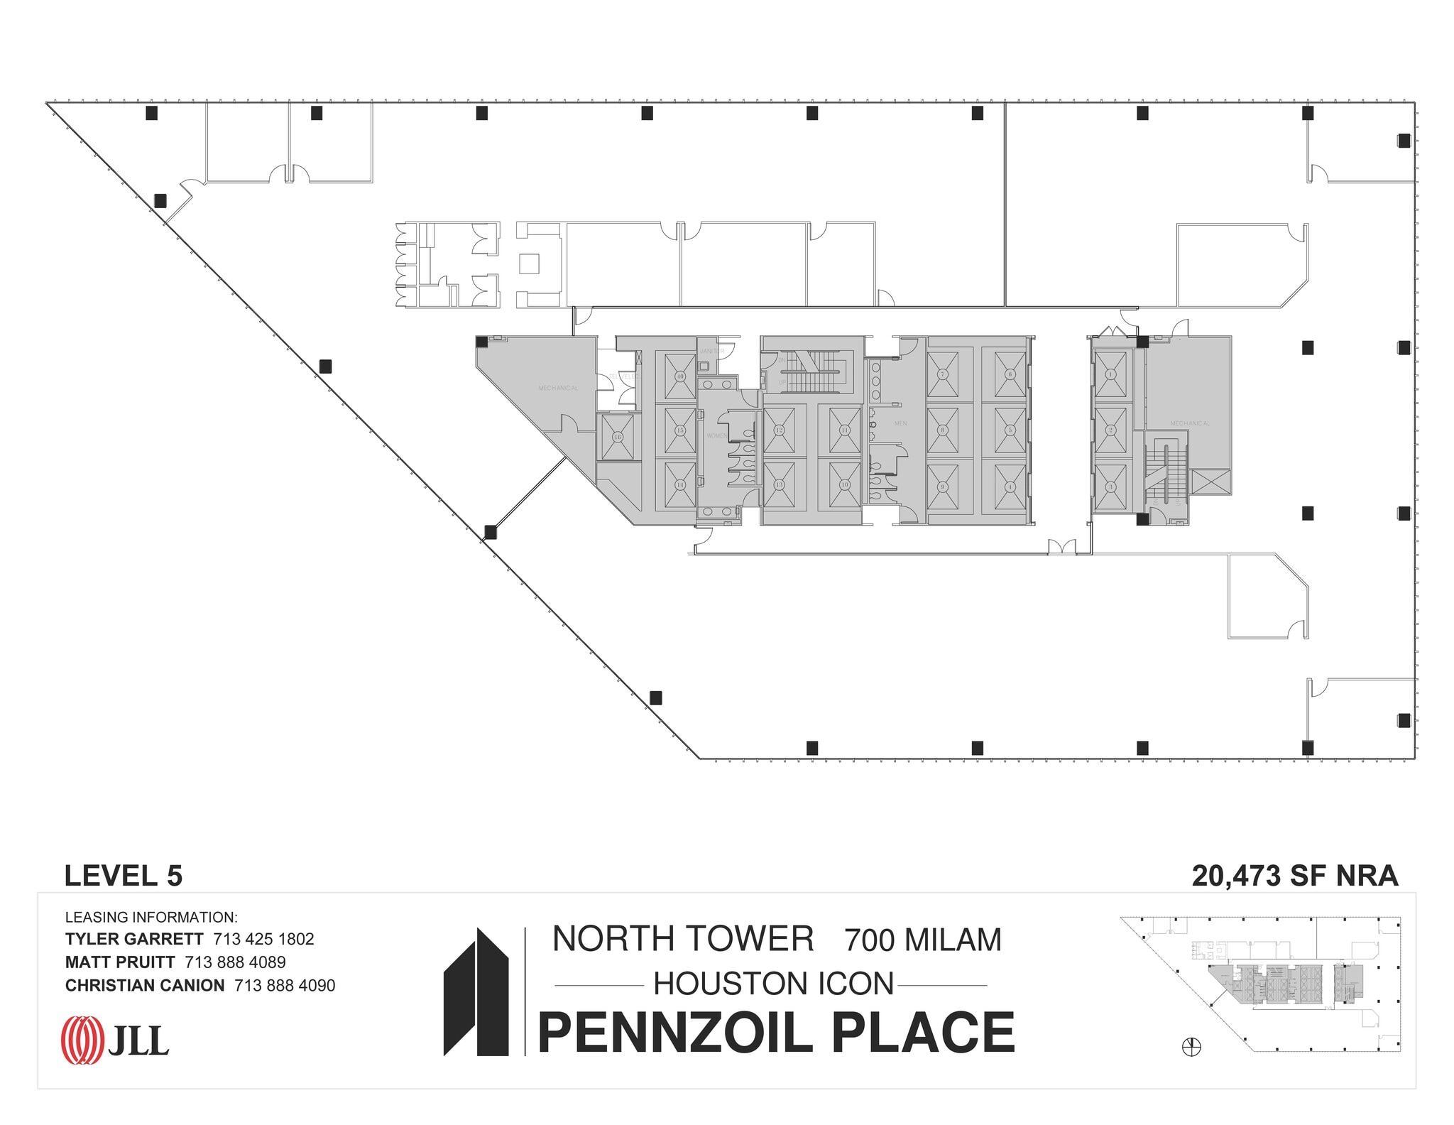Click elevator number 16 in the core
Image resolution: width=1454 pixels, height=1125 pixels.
tap(617, 437)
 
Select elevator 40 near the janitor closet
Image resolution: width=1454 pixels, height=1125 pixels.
tap(679, 376)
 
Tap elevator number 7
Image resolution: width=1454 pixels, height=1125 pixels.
tap(942, 374)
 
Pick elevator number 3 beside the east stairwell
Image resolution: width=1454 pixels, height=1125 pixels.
tap(1110, 487)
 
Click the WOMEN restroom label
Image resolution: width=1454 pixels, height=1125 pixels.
tap(716, 435)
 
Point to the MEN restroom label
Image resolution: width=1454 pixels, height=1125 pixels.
tap(900, 423)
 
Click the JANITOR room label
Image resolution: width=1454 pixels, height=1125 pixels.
tap(711, 351)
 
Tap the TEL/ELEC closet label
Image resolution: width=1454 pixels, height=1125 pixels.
tap(623, 376)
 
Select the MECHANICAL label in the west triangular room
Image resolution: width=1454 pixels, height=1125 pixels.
tap(558, 388)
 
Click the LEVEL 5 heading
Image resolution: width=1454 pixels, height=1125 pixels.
tap(124, 876)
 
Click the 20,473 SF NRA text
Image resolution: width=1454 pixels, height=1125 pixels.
tap(1294, 876)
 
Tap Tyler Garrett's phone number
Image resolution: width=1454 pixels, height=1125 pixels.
tap(263, 939)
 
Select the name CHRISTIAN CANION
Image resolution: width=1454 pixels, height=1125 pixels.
tap(144, 985)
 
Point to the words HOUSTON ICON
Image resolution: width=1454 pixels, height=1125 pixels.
tap(773, 984)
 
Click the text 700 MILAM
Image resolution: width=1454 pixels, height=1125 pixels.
tap(922, 940)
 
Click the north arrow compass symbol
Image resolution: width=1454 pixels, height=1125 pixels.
tap(1191, 1047)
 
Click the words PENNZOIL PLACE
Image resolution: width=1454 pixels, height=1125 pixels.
tap(776, 1033)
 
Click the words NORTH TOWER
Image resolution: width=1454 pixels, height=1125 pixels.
tap(682, 939)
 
